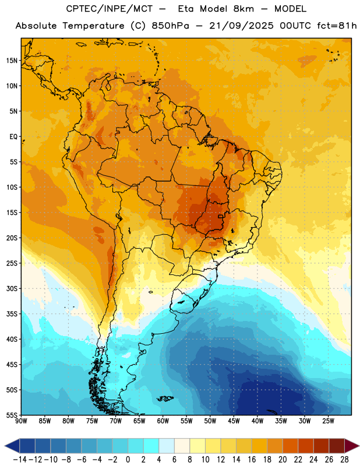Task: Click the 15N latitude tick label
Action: tap(12, 61)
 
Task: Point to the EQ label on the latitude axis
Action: tap(13, 137)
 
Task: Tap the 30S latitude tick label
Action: tap(12, 288)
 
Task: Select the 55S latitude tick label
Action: tap(12, 415)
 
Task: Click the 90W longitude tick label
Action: tap(21, 421)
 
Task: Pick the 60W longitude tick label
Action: tap(163, 421)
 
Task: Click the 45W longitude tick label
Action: tap(234, 421)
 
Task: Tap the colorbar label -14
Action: tap(20, 460)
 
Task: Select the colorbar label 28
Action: tap(344, 460)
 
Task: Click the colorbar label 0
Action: tap(128, 460)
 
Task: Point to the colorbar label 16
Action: tap(252, 460)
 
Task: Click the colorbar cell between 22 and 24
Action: tap(306, 446)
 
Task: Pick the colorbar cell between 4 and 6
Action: tap(167, 446)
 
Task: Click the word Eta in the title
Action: tap(186, 9)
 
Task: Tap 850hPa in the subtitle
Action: tap(170, 26)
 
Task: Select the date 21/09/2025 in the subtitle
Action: tap(241, 26)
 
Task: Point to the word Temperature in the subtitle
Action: tap(93, 26)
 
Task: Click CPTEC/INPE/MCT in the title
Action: tap(109, 9)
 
